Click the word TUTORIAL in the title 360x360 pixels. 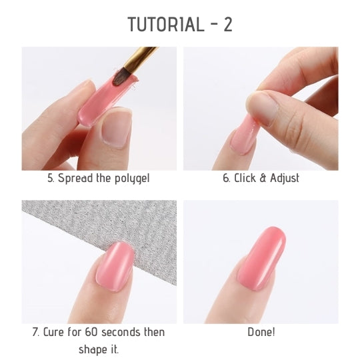pyautogui.click(x=166, y=25)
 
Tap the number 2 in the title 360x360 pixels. pyautogui.click(x=228, y=25)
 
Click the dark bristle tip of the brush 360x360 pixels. pyautogui.click(x=121, y=77)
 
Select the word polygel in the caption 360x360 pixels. pyautogui.click(x=132, y=179)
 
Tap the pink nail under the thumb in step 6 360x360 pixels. pyautogui.click(x=243, y=135)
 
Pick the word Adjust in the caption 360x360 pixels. pyautogui.click(x=285, y=179)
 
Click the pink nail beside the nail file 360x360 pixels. pyautogui.click(x=115, y=266)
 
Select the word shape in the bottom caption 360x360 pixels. pyautogui.click(x=90, y=349)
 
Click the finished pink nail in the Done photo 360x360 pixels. pyautogui.click(x=262, y=257)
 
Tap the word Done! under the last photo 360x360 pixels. pyautogui.click(x=261, y=332)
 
